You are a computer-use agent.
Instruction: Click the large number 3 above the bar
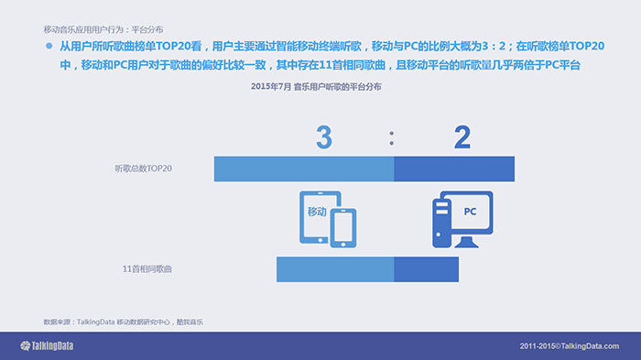pos(324,136)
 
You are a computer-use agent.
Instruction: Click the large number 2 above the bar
pos(462,136)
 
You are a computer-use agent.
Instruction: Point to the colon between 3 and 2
pos(392,138)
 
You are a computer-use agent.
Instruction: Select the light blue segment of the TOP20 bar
pos(304,169)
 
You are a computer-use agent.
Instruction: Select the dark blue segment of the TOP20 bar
pos(454,169)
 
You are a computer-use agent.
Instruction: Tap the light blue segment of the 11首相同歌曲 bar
pos(335,269)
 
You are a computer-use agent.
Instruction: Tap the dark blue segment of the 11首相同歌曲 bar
pos(427,269)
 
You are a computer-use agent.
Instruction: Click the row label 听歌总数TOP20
pos(144,169)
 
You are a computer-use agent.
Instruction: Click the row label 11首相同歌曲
pos(147,269)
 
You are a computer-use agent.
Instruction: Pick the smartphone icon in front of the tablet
pos(343,228)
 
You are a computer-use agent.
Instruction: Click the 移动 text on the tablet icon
pos(317,212)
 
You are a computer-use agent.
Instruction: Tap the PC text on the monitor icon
pos(470,212)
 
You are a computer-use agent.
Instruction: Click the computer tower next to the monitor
pos(442,223)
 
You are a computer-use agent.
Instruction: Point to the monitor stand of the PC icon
pos(466,242)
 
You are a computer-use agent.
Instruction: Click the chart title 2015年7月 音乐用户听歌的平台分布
pos(316,87)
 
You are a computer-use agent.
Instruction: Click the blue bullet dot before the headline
pos(49,46)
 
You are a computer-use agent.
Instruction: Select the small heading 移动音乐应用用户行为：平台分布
pos(103,29)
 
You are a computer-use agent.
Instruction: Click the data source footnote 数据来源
pos(124,322)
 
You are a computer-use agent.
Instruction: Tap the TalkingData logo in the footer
pos(47,346)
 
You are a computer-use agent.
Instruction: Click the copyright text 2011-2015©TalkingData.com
pos(570,346)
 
